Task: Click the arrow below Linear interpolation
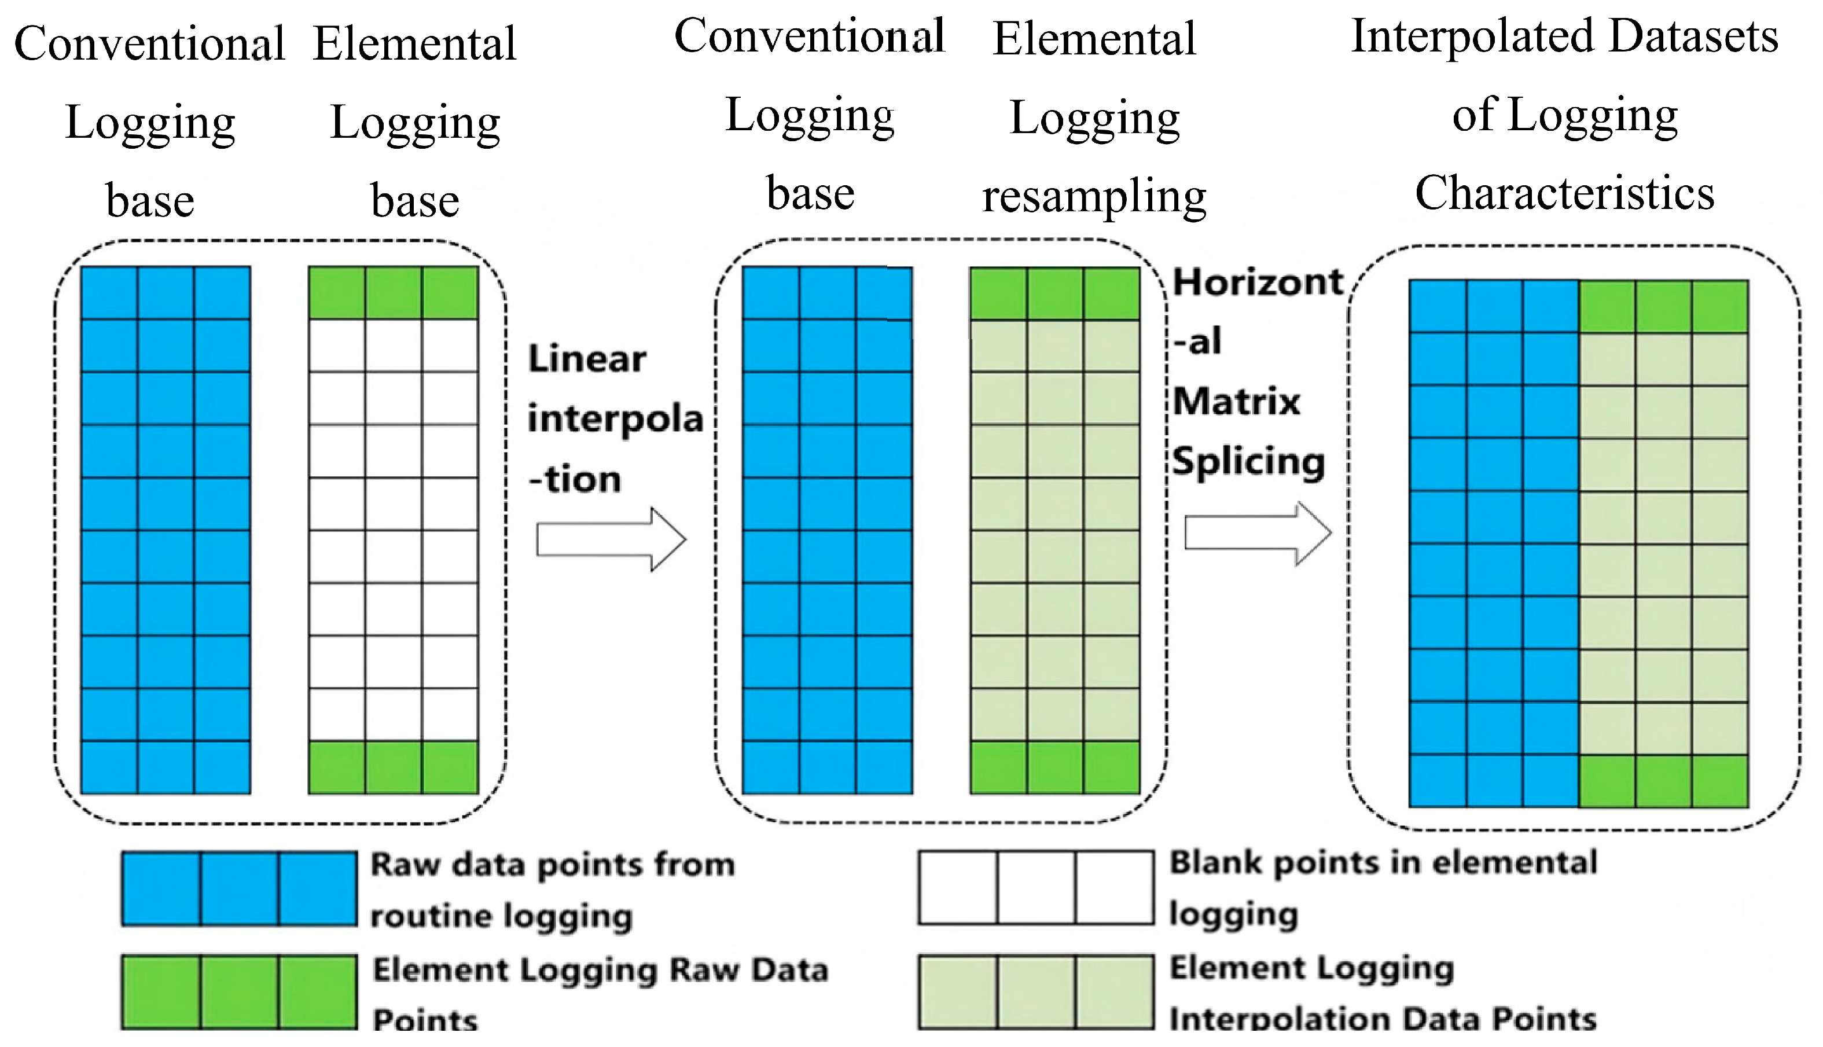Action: click(x=611, y=539)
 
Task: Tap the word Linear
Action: click(x=587, y=358)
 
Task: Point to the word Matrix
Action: click(x=1236, y=401)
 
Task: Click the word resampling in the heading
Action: click(x=1094, y=196)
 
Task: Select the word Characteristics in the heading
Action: click(x=1565, y=193)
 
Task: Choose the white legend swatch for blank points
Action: click(x=1036, y=887)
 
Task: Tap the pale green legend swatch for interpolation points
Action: click(x=1036, y=991)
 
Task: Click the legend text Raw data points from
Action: click(x=553, y=864)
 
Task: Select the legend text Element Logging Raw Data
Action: click(x=600, y=970)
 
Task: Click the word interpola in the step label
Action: click(x=615, y=419)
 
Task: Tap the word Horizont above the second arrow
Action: click(x=1258, y=282)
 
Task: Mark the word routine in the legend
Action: click(x=431, y=916)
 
